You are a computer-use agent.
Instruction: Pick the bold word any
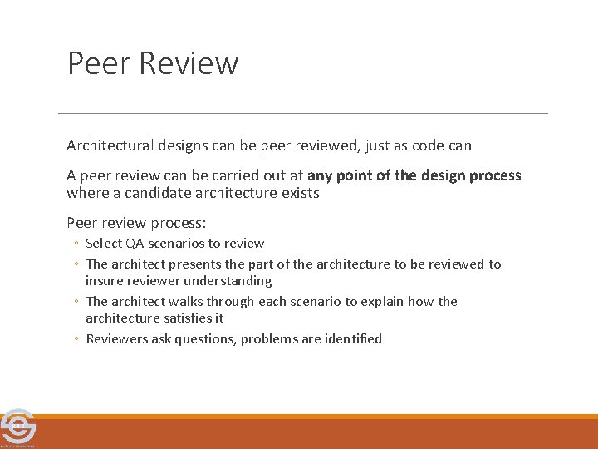(321, 175)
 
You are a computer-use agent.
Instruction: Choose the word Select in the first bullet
(104, 244)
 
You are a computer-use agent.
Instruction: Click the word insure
(104, 281)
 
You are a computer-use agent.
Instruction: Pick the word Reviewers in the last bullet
(117, 339)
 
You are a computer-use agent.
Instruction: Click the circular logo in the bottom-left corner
(17, 427)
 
